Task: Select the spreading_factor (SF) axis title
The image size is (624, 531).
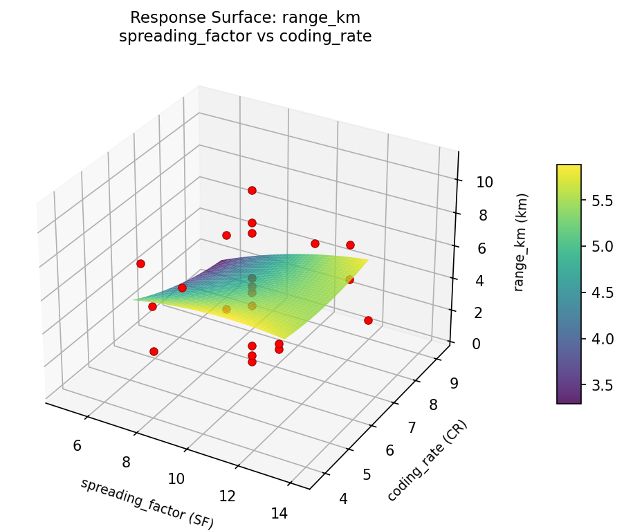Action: [x=147, y=503]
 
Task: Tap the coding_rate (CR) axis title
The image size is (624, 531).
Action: [x=427, y=460]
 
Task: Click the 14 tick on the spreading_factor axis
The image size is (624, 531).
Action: [x=279, y=513]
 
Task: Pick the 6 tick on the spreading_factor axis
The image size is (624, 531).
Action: [x=77, y=445]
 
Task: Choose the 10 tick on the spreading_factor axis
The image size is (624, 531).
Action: [x=176, y=478]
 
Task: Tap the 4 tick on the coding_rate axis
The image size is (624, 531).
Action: [x=344, y=498]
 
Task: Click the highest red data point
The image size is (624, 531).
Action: [x=252, y=190]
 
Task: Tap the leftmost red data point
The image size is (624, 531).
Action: [x=140, y=263]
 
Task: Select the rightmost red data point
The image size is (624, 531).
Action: [x=368, y=320]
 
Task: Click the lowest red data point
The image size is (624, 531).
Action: [x=252, y=362]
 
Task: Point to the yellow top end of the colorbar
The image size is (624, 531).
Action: [x=569, y=168]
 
